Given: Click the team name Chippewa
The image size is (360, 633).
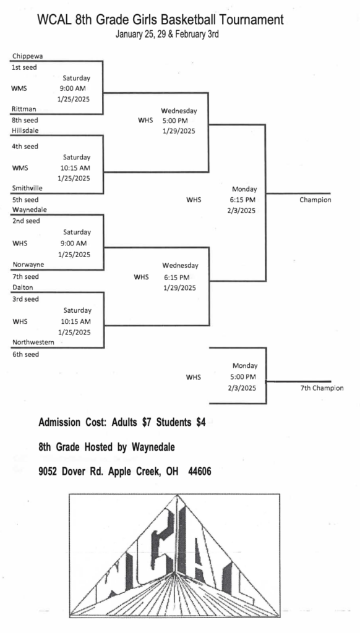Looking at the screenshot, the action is [x=27, y=56].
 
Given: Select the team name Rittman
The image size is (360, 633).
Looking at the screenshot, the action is [x=24, y=109].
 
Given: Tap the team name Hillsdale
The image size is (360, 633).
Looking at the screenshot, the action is [x=25, y=130].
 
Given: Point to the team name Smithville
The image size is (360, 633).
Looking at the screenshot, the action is [x=27, y=188].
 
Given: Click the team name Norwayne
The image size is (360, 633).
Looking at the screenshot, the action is [x=28, y=265].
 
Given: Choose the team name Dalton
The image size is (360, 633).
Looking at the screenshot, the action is [x=23, y=287].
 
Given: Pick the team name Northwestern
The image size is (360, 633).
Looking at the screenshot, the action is [x=33, y=342].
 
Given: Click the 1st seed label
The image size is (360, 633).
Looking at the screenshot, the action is [x=24, y=67].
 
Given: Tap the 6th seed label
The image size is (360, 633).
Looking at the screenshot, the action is [x=26, y=354].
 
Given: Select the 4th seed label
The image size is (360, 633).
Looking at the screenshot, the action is [x=25, y=147].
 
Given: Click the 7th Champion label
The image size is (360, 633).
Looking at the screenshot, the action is [x=322, y=388].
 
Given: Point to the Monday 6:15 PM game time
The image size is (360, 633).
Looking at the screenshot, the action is [x=244, y=194].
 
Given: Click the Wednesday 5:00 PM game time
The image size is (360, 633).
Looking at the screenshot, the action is [x=178, y=116].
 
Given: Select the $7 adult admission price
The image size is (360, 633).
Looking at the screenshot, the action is [x=147, y=423].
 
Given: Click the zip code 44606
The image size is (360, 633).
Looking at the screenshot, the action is [x=200, y=471].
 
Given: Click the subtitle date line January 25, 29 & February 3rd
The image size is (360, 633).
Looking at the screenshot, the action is [x=167, y=35].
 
